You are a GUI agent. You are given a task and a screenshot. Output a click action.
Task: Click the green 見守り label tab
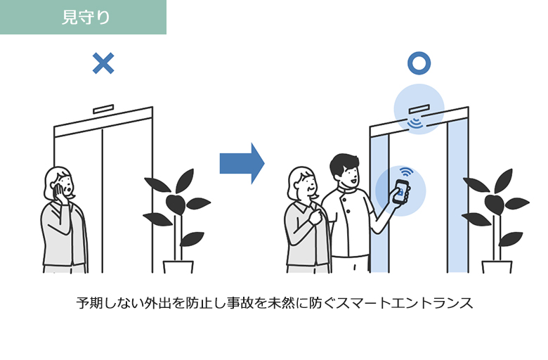[83, 17]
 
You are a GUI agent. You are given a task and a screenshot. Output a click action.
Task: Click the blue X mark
[103, 64]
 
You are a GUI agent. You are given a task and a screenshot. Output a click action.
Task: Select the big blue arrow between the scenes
[242, 163]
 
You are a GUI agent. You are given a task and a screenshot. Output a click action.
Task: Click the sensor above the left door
[103, 109]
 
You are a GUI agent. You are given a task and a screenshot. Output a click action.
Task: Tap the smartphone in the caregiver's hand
[401, 192]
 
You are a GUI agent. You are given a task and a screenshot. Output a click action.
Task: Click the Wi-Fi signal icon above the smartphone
[405, 172]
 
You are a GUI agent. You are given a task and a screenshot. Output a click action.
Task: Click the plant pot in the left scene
[178, 266]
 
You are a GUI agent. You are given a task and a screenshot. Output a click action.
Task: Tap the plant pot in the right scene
[497, 266]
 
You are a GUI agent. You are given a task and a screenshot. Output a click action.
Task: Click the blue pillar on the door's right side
[457, 204]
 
